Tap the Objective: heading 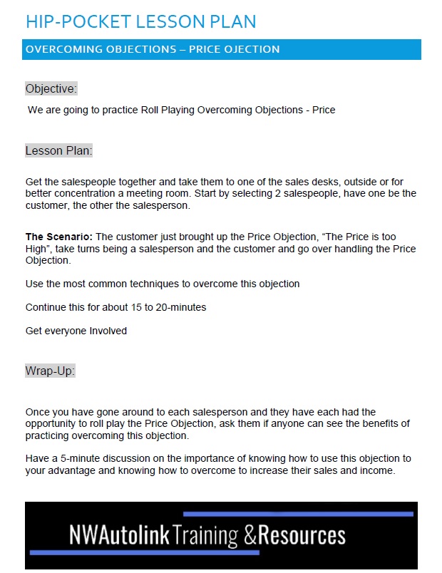click(51, 88)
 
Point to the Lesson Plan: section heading click(59, 151)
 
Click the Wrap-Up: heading click(50, 371)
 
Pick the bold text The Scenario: click(59, 237)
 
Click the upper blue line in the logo click(298, 514)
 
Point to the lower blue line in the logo click(143, 552)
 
